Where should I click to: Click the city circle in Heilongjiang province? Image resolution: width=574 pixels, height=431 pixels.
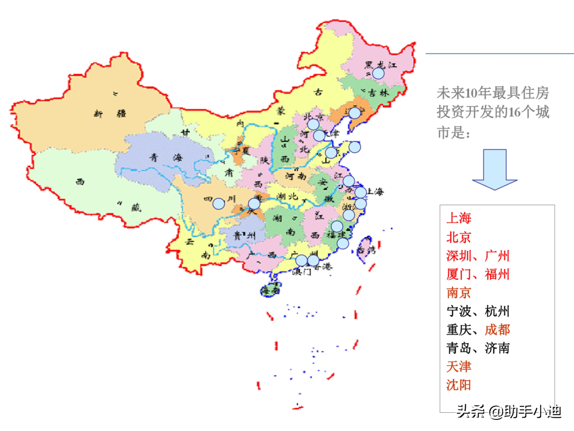[x=378, y=73]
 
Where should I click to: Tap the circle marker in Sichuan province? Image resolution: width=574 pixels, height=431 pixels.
[x=219, y=204]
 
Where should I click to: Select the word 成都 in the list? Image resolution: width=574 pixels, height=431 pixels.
[x=497, y=330]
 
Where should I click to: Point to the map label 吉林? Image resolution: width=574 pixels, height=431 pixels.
[x=379, y=93]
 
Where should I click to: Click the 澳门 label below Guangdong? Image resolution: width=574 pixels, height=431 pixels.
[x=301, y=272]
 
